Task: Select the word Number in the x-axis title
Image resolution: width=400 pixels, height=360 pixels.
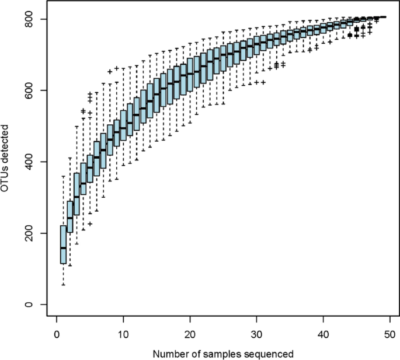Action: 169,354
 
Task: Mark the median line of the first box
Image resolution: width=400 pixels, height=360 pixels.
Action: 63,248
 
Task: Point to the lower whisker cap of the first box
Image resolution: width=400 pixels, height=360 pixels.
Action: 63,285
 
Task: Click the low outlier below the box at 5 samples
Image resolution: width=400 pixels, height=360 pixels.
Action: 90,223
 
